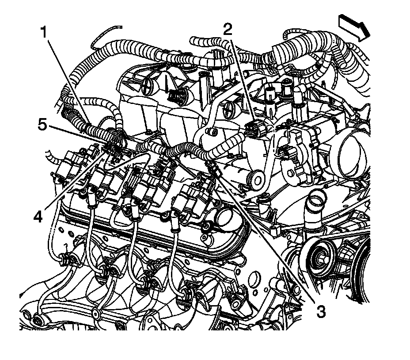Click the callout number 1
44,32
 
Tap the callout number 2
228,29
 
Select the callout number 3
321,311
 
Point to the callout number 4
38,217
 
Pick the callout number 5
42,125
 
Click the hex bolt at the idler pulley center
320,260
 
